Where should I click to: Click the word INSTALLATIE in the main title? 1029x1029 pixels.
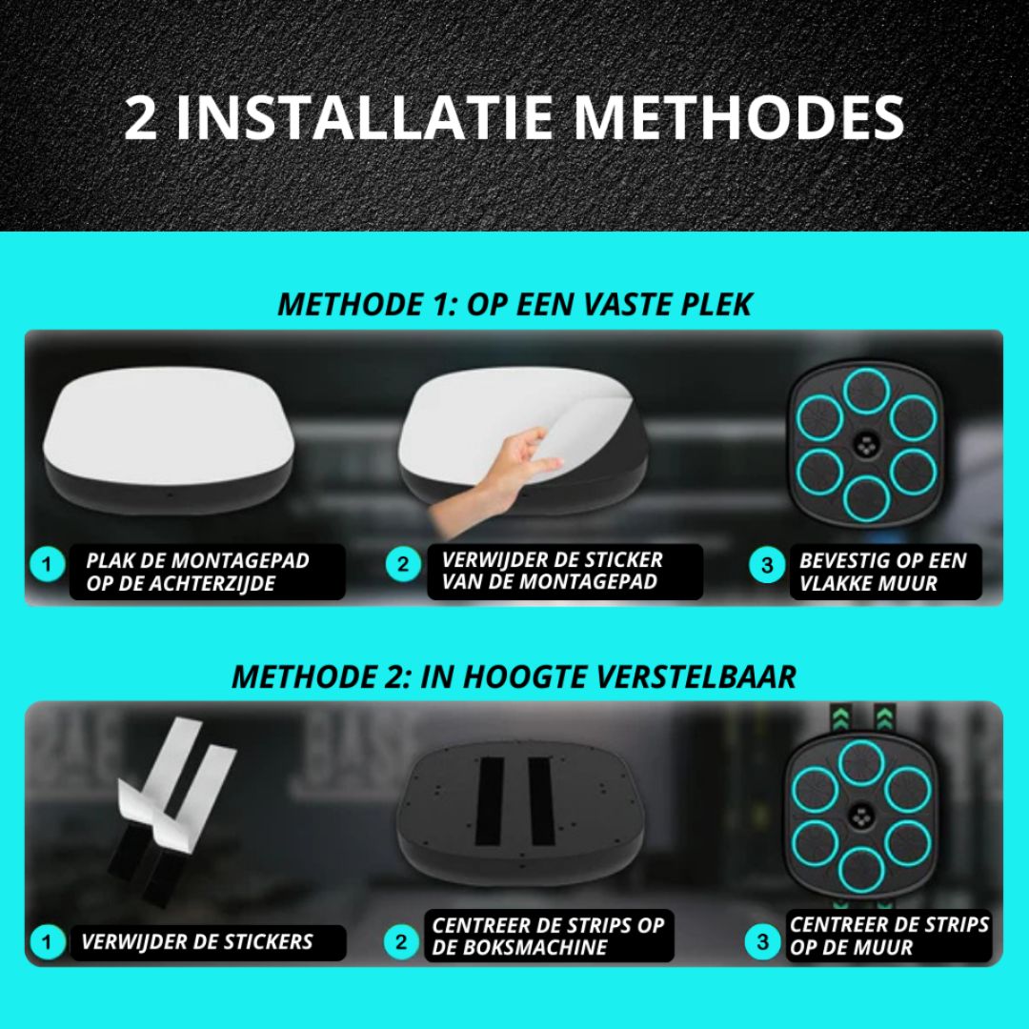click(x=364, y=118)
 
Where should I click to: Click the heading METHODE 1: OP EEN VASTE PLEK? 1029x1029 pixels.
click(x=514, y=305)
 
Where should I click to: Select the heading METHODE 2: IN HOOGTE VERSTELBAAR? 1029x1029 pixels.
click(x=514, y=676)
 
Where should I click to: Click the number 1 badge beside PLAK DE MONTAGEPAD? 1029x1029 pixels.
click(x=47, y=564)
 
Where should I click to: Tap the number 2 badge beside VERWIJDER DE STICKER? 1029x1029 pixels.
click(x=403, y=564)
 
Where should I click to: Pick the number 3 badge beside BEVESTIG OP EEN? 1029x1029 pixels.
click(x=767, y=565)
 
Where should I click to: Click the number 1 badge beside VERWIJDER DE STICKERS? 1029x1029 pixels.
click(x=47, y=942)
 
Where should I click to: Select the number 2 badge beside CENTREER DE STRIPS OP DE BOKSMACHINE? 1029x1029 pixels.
click(x=401, y=942)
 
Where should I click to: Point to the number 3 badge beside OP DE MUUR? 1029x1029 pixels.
click(x=762, y=942)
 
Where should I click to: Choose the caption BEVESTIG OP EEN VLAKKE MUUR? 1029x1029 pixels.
click(x=883, y=572)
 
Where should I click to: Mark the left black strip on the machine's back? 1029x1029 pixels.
click(x=490, y=801)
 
